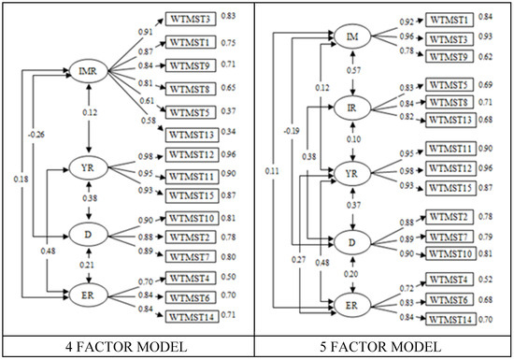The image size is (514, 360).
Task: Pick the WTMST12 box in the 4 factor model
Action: (x=193, y=155)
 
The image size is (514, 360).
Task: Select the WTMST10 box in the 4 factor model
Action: (x=193, y=218)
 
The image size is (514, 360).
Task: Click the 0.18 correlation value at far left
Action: (x=20, y=178)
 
